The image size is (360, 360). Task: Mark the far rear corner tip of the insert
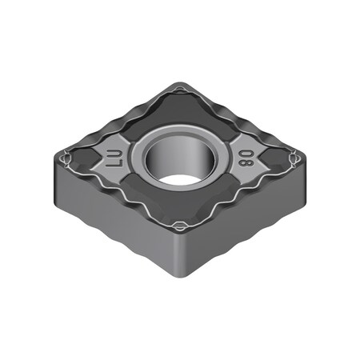pyautogui.click(x=182, y=86)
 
